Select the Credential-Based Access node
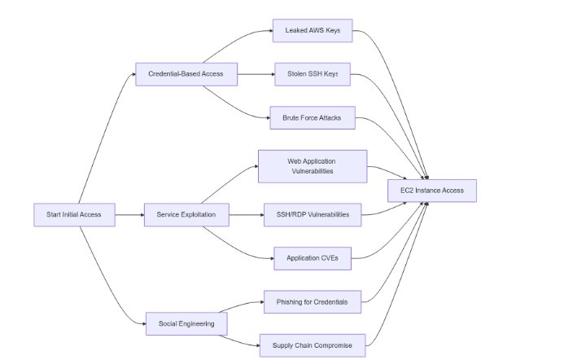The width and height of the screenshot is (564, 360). (x=186, y=75)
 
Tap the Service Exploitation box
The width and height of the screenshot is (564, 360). (x=186, y=215)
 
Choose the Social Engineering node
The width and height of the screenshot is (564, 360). (x=186, y=323)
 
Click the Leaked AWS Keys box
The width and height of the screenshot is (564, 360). (x=313, y=31)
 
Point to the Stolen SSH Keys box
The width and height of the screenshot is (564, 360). (x=313, y=75)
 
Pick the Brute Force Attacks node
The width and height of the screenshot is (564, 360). (x=313, y=118)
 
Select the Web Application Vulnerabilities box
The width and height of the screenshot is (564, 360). (x=313, y=166)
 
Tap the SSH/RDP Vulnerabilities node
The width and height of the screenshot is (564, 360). (x=313, y=215)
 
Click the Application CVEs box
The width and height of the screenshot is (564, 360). (x=313, y=258)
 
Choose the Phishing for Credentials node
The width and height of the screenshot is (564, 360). (x=313, y=302)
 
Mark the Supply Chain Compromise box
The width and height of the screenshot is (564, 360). (x=313, y=345)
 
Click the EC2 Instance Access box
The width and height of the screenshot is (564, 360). (x=431, y=191)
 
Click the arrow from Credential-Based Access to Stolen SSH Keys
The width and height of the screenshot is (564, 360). (x=256, y=75)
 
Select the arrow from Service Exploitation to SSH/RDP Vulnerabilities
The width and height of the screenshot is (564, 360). (x=246, y=215)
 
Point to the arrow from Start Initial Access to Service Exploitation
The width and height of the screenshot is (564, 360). (x=129, y=215)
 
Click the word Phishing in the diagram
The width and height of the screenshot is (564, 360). (x=291, y=302)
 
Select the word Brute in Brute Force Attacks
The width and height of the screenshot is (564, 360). (x=290, y=118)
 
